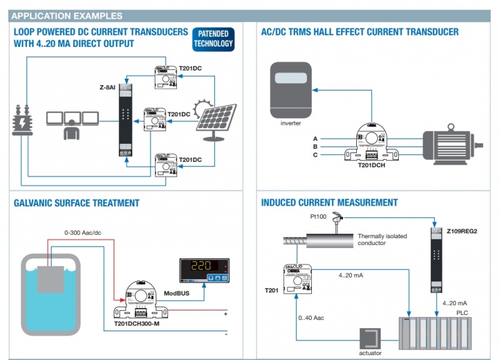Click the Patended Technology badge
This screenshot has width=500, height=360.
[x=213, y=38]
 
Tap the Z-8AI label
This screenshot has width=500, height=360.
[x=108, y=87]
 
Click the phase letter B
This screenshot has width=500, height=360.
[x=316, y=146]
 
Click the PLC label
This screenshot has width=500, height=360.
[x=462, y=312]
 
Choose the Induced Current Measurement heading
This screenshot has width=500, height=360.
[x=329, y=202]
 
